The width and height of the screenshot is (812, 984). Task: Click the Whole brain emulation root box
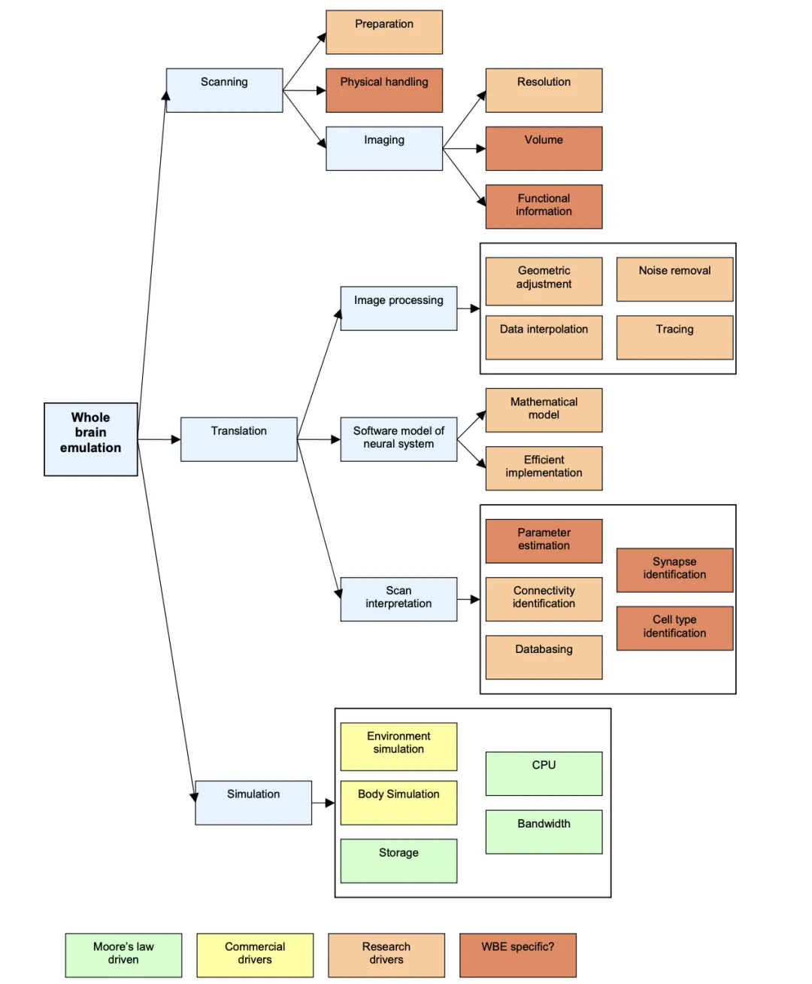tap(90, 439)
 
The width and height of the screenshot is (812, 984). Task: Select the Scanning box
tap(224, 90)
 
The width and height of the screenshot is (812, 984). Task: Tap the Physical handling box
tap(384, 90)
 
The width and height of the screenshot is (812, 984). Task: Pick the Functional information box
tap(544, 206)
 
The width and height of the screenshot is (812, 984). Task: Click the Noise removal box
tap(674, 279)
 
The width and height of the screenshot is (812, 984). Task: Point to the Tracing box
tap(674, 337)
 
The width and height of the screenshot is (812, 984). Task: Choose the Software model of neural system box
tap(398, 439)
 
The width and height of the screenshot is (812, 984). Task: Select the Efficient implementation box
tap(544, 468)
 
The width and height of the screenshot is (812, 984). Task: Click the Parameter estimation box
tap(544, 541)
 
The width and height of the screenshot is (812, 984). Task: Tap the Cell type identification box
tap(674, 628)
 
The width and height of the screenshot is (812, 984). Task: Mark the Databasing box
tap(544, 657)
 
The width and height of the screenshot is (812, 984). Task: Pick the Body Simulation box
tap(398, 803)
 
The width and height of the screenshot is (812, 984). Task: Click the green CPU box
tap(544, 773)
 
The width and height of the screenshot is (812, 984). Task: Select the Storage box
tap(398, 861)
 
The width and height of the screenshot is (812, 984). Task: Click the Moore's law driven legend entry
tap(123, 955)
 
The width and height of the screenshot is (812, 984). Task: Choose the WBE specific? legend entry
tap(518, 955)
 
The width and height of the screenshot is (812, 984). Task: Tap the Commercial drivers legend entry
tap(255, 955)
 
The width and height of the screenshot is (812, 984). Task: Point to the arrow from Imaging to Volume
tap(464, 149)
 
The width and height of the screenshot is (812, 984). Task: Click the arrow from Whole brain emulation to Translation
tap(159, 439)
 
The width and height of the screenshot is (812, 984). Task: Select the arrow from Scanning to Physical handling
tap(304, 90)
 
